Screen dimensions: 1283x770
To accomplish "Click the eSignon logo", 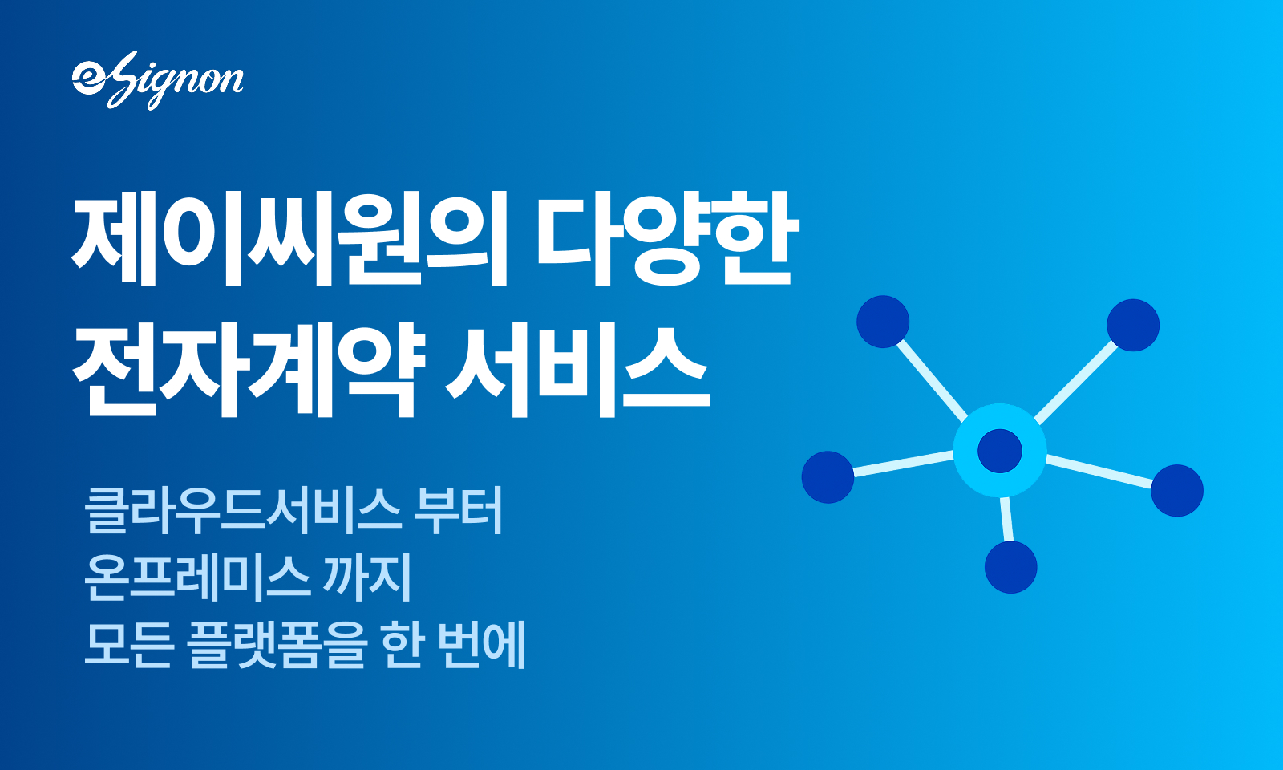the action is (157, 80).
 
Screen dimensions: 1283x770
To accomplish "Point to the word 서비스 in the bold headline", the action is (578, 370).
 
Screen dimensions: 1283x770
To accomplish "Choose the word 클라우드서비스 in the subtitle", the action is (243, 510).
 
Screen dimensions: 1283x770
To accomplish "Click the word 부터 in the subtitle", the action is (458, 510).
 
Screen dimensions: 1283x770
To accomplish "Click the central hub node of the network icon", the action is (1000, 450).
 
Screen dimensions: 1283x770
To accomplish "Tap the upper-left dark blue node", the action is (883, 322).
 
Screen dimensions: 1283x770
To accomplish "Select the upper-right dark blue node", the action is (1133, 325).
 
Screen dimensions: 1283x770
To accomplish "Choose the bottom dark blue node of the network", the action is (1011, 567).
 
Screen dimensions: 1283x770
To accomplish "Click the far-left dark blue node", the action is (828, 477).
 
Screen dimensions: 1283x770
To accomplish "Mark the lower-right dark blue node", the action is (1177, 490).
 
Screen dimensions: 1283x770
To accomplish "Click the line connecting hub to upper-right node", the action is (1077, 383).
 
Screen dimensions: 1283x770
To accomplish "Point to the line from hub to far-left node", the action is (904, 464).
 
